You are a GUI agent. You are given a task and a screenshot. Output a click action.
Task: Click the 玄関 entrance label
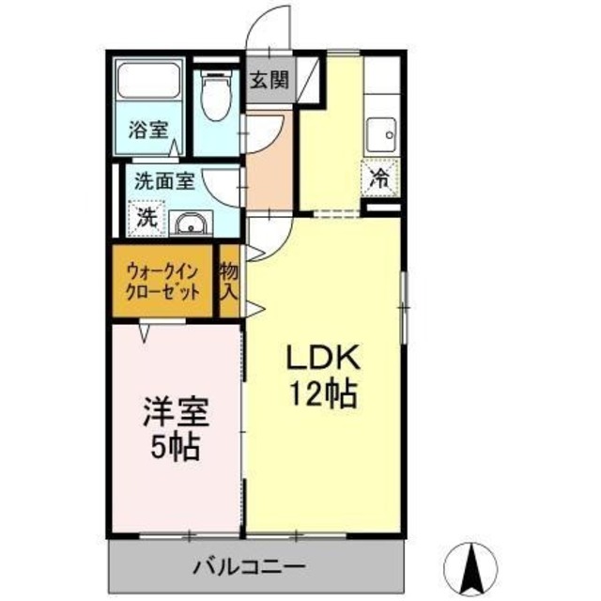[270, 80]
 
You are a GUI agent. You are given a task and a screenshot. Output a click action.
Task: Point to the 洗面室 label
[163, 181]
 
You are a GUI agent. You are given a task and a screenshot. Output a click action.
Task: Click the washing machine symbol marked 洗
[147, 218]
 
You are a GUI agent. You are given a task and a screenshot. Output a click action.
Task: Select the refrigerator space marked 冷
[379, 176]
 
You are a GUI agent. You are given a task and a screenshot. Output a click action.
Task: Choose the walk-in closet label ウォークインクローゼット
[164, 281]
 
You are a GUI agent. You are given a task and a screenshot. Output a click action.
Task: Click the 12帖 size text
[321, 394]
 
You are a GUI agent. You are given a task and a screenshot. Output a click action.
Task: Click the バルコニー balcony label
[249, 567]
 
